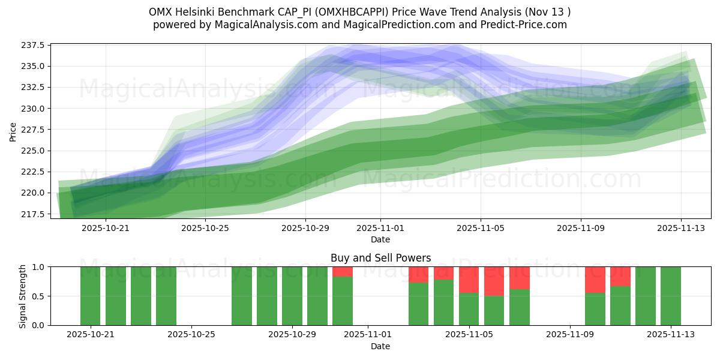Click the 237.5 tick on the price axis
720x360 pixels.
click(x=34, y=46)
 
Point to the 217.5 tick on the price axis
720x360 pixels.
click(x=34, y=214)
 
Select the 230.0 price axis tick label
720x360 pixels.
click(x=34, y=109)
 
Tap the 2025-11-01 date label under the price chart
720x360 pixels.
click(x=380, y=228)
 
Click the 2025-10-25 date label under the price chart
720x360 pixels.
click(x=205, y=228)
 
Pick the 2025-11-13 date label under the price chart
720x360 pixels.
click(x=681, y=228)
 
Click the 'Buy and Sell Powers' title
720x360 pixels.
click(x=380, y=258)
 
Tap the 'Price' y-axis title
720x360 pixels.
click(x=13, y=131)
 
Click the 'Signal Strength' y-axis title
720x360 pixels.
click(x=23, y=296)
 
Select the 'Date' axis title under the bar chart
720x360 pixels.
click(x=380, y=346)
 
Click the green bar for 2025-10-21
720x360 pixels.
click(x=91, y=296)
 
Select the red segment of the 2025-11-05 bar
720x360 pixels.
click(x=469, y=280)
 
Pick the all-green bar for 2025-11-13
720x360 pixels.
click(x=671, y=296)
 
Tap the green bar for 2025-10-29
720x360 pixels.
click(x=292, y=296)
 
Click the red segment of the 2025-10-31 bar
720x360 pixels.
click(x=343, y=272)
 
